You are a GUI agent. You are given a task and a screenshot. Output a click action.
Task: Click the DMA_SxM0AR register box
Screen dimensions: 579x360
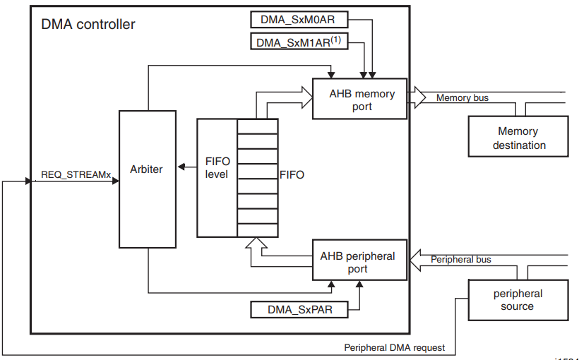tap(299, 20)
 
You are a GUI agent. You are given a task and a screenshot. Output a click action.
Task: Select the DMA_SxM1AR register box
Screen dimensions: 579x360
tap(299, 42)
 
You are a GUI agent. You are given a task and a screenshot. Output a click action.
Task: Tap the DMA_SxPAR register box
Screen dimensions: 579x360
tap(299, 309)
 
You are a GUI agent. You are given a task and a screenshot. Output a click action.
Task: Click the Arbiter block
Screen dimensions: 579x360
tap(148, 179)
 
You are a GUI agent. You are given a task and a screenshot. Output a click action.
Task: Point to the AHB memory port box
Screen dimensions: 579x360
tap(359, 99)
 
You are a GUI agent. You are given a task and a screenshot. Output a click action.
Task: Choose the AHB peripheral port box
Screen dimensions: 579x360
tap(359, 260)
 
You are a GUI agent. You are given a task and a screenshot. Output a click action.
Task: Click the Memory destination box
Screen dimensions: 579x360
tap(518, 137)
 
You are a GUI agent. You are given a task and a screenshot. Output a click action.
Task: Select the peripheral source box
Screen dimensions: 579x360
tap(518, 300)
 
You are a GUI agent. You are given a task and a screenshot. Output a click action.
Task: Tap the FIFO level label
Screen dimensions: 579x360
tap(217, 168)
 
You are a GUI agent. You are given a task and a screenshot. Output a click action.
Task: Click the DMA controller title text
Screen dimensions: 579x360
tap(88, 25)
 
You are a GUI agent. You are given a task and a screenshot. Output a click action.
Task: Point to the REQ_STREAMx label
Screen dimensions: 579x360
tap(76, 174)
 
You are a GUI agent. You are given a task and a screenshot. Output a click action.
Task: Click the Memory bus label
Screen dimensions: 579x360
tap(462, 98)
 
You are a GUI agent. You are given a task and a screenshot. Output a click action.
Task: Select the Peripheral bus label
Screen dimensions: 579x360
tap(461, 260)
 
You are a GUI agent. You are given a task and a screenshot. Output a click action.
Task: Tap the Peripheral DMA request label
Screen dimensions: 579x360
tap(395, 347)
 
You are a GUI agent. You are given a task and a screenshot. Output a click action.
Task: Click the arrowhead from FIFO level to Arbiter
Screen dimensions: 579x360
tap(181, 167)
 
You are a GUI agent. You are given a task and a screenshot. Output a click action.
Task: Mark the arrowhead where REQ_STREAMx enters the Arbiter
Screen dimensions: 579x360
tap(116, 181)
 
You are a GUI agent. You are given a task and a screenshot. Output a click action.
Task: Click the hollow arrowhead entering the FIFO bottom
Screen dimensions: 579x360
tap(256, 243)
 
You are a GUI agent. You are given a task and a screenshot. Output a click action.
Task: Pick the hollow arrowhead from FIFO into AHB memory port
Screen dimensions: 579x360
tap(307, 97)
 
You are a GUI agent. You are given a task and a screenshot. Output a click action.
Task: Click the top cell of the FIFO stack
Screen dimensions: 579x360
tap(258, 126)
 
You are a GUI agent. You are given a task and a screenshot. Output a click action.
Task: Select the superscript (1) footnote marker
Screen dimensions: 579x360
tap(335, 39)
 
